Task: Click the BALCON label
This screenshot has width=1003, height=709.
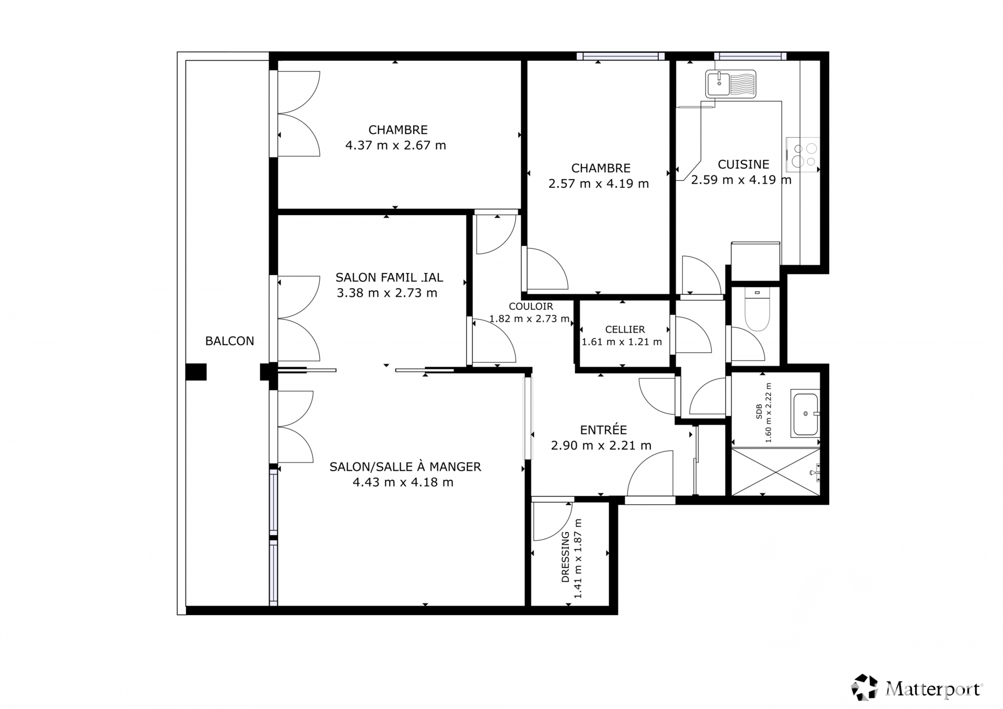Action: click(x=229, y=341)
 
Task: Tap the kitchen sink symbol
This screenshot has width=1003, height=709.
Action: click(x=730, y=84)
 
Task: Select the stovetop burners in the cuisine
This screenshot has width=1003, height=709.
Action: click(x=803, y=155)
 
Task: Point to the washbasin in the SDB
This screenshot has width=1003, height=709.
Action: click(x=805, y=413)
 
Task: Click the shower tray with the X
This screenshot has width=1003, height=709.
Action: click(x=775, y=472)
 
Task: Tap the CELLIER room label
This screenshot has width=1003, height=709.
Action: click(x=625, y=329)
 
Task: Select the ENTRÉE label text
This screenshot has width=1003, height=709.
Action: click(x=603, y=430)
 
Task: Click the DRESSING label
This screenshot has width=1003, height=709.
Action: click(x=565, y=557)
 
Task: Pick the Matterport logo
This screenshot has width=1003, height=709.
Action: click(x=917, y=688)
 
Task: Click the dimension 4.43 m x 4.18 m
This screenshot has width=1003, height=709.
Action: click(x=403, y=482)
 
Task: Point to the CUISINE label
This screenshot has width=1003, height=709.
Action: click(x=743, y=164)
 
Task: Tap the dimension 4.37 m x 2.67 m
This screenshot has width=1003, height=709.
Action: click(x=395, y=145)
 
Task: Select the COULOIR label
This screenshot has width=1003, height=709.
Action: click(x=531, y=306)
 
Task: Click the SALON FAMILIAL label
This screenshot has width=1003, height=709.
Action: click(x=389, y=278)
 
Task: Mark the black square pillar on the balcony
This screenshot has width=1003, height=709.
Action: click(x=196, y=372)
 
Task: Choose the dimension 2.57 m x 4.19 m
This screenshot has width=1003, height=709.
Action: click(x=599, y=184)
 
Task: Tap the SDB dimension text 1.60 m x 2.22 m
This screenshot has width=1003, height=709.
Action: click(x=768, y=413)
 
